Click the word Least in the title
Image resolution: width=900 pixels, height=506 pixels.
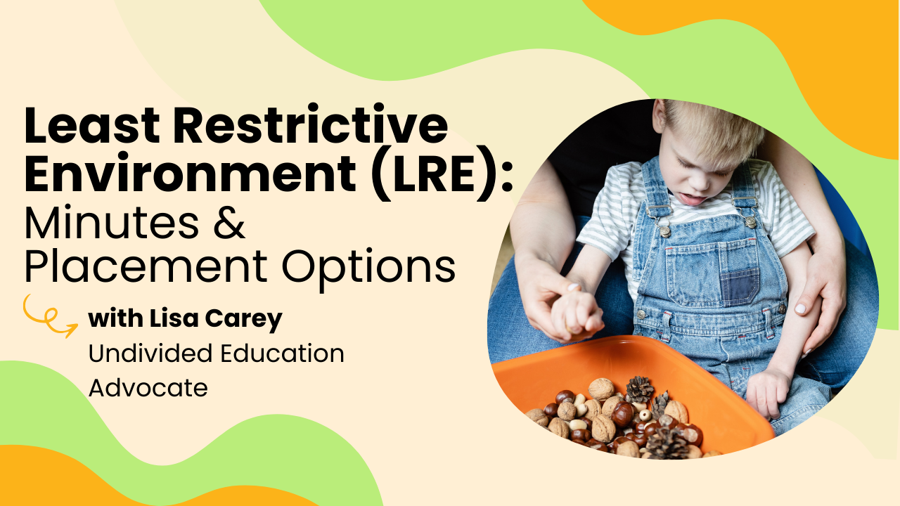92,124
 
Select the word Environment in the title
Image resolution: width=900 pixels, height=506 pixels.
191,173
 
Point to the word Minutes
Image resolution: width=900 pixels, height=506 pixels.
112,222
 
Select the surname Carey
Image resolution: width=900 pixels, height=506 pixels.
244,320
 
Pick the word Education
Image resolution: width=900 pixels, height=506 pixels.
283,353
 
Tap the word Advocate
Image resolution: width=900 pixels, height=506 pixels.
148,388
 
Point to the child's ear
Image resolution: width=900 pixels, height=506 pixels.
660,116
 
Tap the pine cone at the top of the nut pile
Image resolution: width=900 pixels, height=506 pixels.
639,389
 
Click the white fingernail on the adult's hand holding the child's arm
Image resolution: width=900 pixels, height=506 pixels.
799,309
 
